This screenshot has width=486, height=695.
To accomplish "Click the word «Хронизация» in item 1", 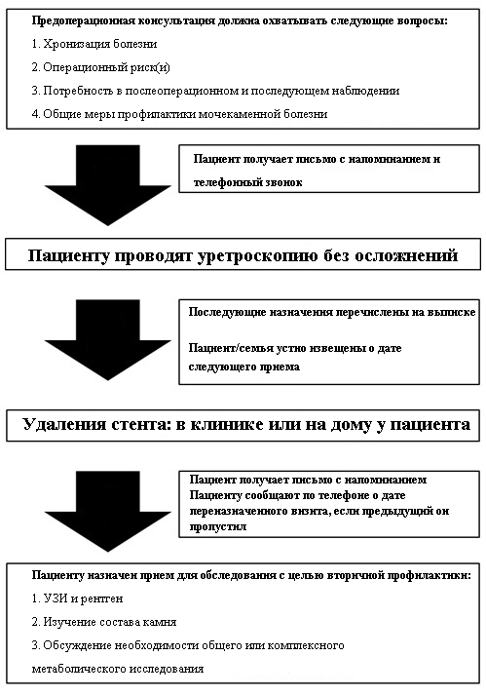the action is click(77, 44).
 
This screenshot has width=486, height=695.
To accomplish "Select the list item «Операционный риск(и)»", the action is click(101, 67).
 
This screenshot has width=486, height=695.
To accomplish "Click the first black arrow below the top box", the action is click(108, 185).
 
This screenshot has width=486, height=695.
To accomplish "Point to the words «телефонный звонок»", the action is click(247, 182).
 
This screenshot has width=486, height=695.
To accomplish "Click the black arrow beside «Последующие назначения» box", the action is click(108, 340).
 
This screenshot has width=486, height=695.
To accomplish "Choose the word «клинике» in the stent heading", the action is click(229, 425).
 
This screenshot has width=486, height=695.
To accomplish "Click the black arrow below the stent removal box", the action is click(108, 512).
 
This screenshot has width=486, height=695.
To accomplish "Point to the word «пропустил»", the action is click(218, 527).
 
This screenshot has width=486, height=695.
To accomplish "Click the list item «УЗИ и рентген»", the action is click(77, 598).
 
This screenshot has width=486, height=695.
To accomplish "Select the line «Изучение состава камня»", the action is click(104, 622).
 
